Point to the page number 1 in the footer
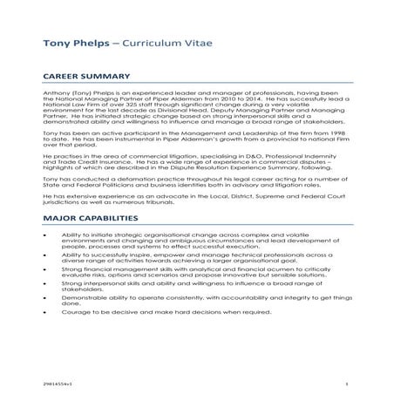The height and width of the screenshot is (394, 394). coord(346,383)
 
